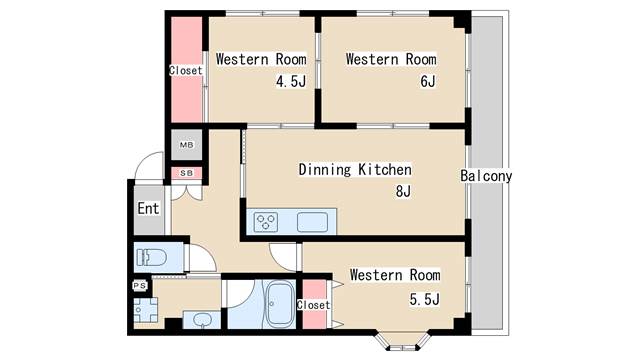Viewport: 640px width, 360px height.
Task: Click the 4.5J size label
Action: click(291, 82)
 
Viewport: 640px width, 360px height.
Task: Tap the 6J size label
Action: click(428, 81)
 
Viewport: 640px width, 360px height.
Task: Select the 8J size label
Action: click(403, 191)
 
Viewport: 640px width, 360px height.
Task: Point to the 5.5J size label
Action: click(424, 300)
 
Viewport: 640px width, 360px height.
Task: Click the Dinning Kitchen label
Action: click(355, 169)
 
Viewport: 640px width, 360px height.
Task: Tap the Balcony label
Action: click(486, 176)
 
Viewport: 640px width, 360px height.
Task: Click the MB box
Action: click(187, 145)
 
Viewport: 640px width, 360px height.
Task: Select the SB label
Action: click(187, 173)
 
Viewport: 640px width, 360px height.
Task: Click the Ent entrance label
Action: click(148, 209)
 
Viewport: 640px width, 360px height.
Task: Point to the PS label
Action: click(140, 286)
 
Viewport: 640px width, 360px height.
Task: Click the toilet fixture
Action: click(151, 258)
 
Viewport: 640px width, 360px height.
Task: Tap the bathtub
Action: click(280, 304)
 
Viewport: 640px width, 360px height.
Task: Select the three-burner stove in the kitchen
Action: click(266, 223)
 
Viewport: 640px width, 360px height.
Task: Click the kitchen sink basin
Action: click(312, 223)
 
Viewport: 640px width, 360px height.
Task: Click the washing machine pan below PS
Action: click(145, 310)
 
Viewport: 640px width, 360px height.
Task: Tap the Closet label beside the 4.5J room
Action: click(186, 71)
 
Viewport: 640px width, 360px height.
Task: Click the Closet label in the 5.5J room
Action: click(313, 305)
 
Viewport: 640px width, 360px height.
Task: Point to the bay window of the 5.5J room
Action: click(402, 340)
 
